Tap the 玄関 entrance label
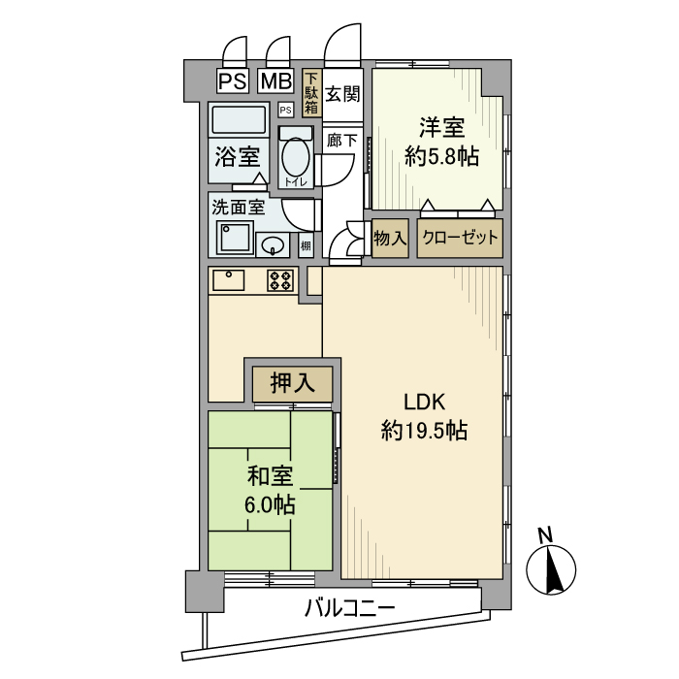(x=342, y=94)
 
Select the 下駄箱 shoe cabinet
(x=311, y=95)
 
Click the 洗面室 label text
(x=239, y=207)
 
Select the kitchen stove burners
(x=281, y=280)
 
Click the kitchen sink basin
(x=229, y=279)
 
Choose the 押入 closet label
(x=292, y=383)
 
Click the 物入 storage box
(x=390, y=238)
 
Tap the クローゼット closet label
(x=460, y=238)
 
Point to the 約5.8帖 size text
(x=441, y=156)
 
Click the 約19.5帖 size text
(x=424, y=431)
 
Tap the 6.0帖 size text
(x=270, y=504)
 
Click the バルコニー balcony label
(x=349, y=609)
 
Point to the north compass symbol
(x=551, y=566)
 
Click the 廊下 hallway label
(x=342, y=141)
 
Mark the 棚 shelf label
(x=306, y=245)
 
